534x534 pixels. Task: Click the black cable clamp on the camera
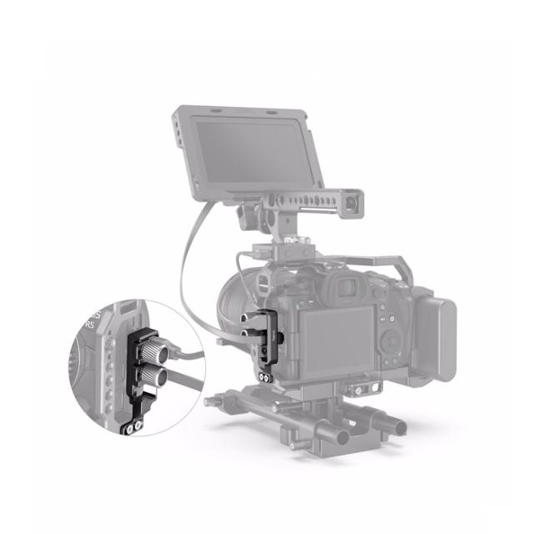click(270, 342)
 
